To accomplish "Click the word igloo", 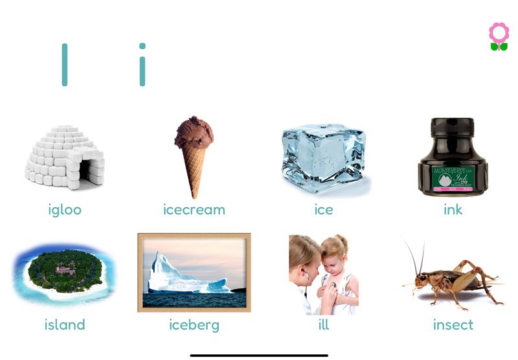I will [x=65, y=210].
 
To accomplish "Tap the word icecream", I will [x=194, y=210].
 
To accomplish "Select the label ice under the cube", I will [x=324, y=210].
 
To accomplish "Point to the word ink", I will [x=453, y=210].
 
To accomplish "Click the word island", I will [x=65, y=324].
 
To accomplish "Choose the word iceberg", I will [x=194, y=324].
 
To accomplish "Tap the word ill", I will [x=324, y=324].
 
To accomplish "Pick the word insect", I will [x=453, y=324].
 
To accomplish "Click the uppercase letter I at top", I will [x=65, y=65].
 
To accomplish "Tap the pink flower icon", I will [x=499, y=32].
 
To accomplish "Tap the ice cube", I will [x=324, y=157].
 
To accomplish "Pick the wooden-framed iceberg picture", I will [x=194, y=273].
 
